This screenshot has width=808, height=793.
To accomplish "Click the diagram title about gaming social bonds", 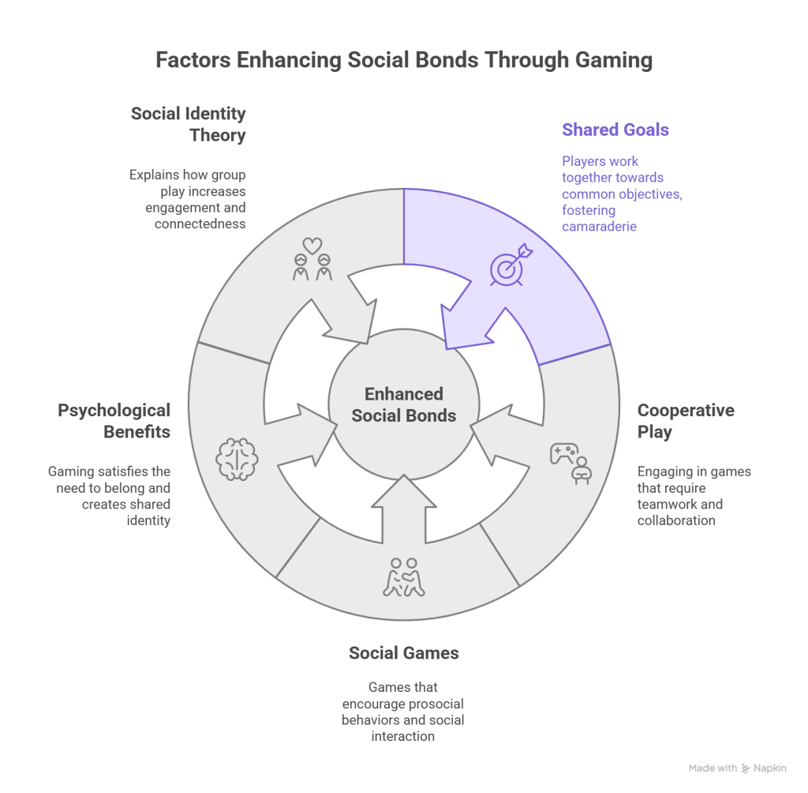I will pyautogui.click(x=404, y=61).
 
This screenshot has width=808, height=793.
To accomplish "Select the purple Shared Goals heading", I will pyautogui.click(x=615, y=130).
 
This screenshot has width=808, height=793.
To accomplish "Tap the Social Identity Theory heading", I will pyautogui.click(x=189, y=124).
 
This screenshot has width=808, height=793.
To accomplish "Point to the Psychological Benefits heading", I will pyautogui.click(x=114, y=421).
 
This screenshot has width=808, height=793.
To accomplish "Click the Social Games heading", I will pyautogui.click(x=404, y=653).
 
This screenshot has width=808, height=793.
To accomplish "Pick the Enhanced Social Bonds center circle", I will pyautogui.click(x=404, y=404).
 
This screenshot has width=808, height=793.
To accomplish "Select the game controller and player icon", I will pyautogui.click(x=570, y=462).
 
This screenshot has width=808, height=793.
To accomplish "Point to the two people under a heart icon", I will pyautogui.click(x=312, y=260).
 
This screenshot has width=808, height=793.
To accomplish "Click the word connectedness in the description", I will pyautogui.click(x=200, y=224).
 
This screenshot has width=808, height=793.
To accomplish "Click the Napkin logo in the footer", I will pyautogui.click(x=746, y=768).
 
